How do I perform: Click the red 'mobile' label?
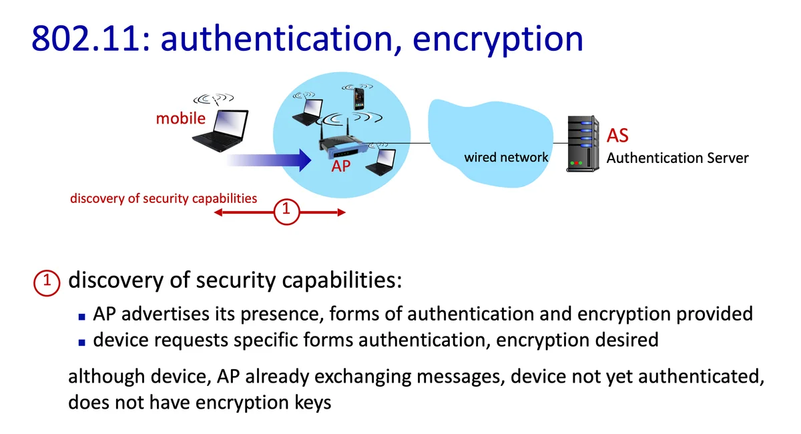coord(180,119)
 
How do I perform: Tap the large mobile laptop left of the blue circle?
coord(220,130)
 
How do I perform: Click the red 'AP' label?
coord(340,166)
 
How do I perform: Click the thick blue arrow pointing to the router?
coord(270,160)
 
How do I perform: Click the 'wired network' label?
coord(506,158)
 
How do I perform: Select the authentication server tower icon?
coord(581,144)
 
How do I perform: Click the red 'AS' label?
coord(617,136)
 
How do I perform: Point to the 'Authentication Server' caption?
coord(677,158)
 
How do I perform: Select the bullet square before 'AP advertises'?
coord(82,315)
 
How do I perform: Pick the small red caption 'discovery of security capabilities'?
coord(164,198)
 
